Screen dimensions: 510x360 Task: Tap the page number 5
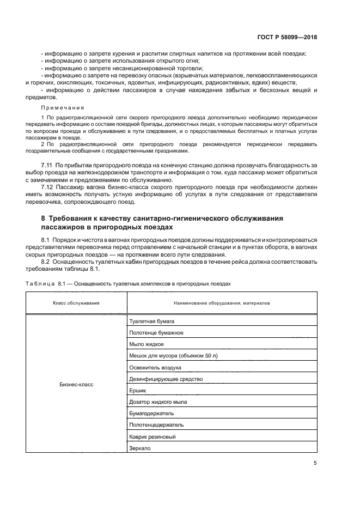point(315,463)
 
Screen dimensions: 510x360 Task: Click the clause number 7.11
point(47,165)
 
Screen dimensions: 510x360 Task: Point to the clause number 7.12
point(47,187)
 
